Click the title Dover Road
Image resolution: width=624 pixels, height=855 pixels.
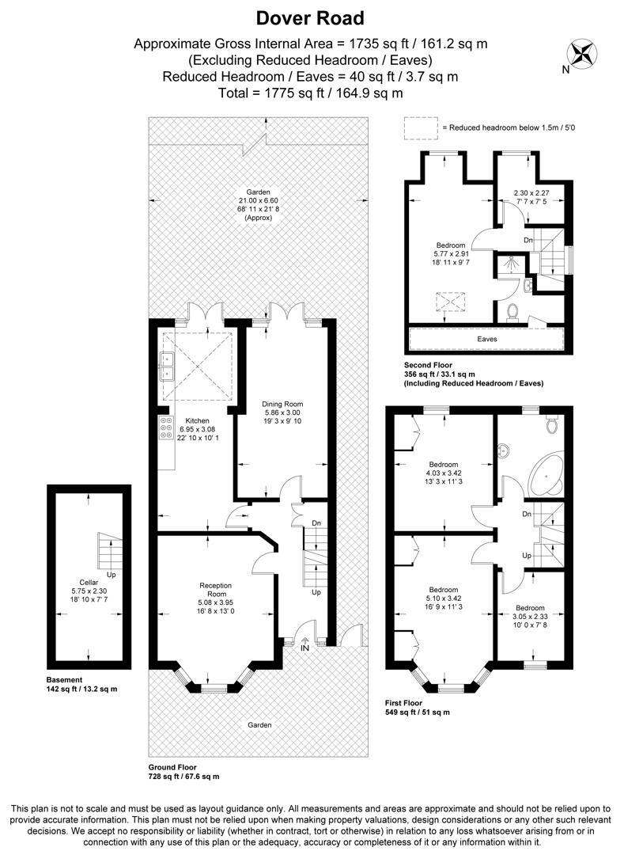point(311,18)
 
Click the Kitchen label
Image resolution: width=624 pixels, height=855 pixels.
point(197,420)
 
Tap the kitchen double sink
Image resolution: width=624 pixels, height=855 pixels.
point(167,365)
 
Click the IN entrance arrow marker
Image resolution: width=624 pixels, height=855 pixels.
point(305,647)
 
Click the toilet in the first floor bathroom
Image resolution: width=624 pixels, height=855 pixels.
point(552,426)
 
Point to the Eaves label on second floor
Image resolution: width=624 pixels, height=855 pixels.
point(486,339)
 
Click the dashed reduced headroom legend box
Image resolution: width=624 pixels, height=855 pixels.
point(421,127)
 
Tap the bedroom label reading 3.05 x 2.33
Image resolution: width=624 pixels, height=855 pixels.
point(530,608)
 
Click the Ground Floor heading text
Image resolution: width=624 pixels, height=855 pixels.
point(172,767)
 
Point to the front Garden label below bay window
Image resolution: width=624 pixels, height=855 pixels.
point(259,724)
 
